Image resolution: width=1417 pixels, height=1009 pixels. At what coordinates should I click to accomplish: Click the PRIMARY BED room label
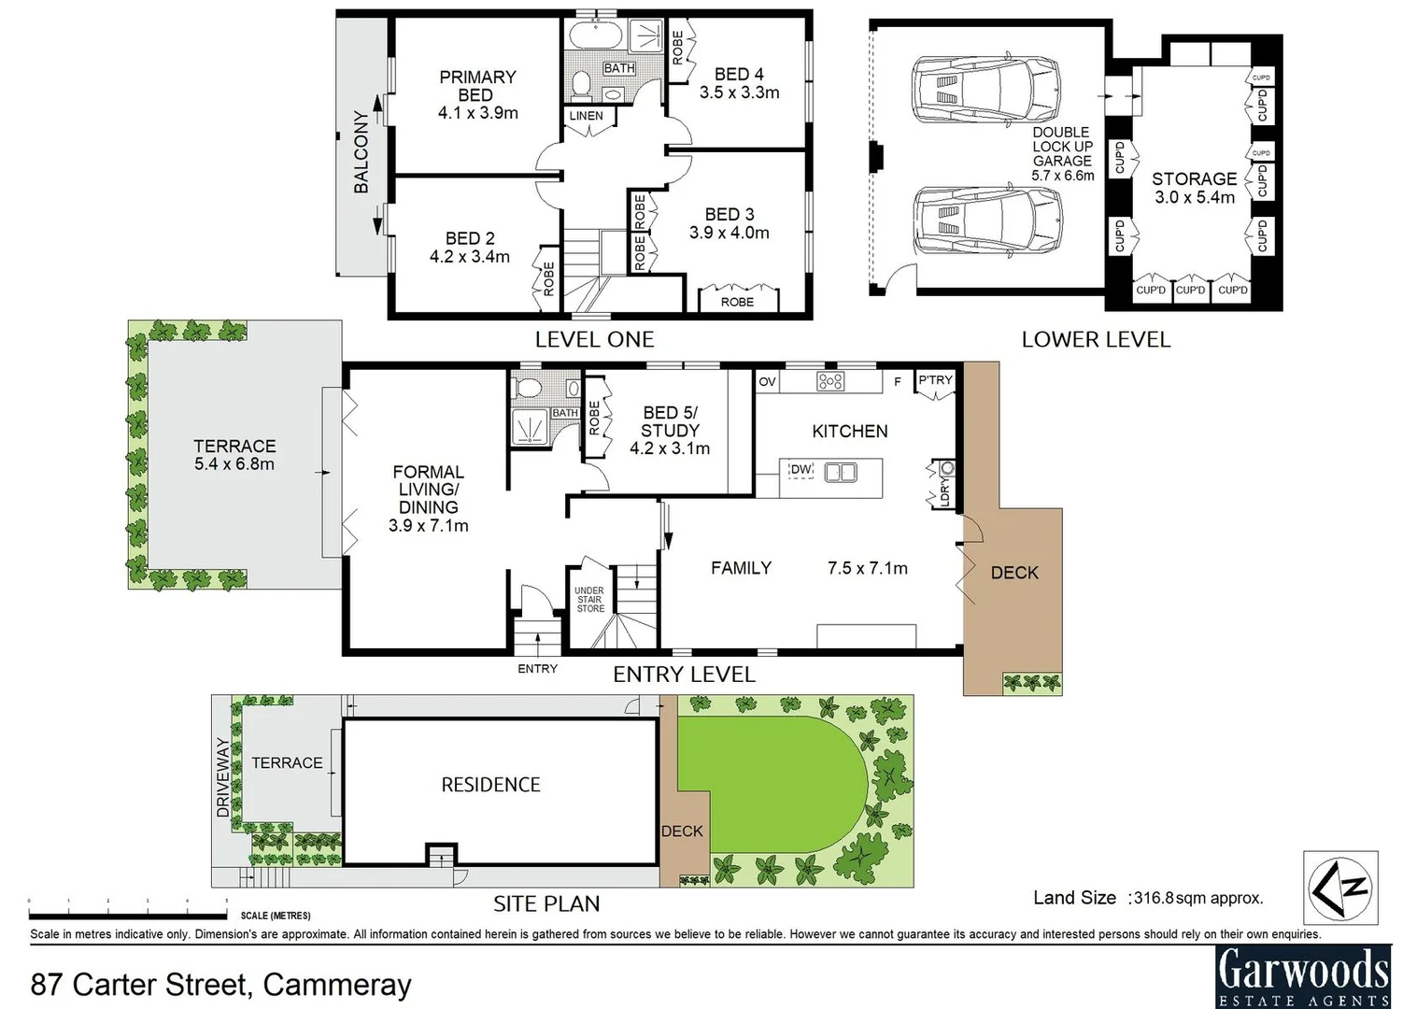pos(477,86)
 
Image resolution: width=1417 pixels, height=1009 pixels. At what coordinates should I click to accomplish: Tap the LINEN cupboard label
pos(586,116)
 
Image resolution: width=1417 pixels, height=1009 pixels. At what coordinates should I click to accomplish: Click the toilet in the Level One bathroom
pos(581,83)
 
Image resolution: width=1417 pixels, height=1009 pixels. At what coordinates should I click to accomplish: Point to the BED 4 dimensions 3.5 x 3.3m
pos(739,92)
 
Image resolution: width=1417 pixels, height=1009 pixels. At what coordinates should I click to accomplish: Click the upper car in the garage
pos(985,89)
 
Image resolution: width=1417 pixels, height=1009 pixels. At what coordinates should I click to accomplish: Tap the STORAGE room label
pos(1194,178)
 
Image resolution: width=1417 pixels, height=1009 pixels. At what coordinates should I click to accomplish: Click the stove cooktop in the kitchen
pos(830,381)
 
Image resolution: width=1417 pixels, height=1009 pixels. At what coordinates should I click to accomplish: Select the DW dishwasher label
pos(801,469)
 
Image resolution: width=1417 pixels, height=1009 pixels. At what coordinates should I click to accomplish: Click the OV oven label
pos(767,381)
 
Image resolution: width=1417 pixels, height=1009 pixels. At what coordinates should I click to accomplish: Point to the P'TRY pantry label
pos(935,380)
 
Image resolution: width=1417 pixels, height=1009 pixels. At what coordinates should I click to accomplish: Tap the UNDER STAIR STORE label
pos(590,599)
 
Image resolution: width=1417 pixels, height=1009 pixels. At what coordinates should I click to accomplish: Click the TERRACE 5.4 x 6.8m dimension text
pos(234,463)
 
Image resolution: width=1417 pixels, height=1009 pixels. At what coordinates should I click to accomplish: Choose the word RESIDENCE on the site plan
pos(491,785)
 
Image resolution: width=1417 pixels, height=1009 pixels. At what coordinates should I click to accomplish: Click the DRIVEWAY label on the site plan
pos(222,776)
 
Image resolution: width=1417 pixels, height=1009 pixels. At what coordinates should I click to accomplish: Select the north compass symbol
pos(1339,888)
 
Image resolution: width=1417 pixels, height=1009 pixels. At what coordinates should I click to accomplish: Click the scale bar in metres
pos(128,916)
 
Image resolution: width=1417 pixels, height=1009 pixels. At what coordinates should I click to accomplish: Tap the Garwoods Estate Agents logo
pos(1304,976)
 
